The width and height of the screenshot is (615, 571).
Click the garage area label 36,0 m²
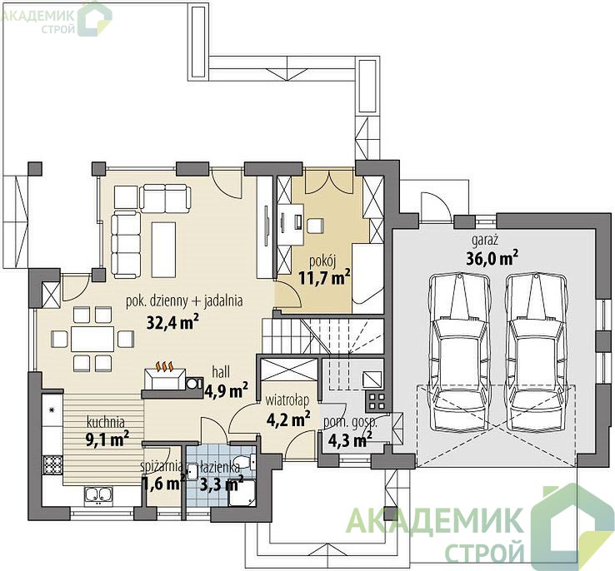tap(492, 258)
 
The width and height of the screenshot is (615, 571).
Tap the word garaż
tap(485, 240)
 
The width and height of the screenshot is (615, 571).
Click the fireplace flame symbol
tap(165, 366)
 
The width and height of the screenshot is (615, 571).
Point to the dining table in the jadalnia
tap(92, 339)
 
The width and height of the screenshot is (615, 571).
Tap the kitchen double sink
tap(97, 494)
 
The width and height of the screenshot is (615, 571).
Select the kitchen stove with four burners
tap(52, 466)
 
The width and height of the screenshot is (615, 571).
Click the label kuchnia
tap(106, 422)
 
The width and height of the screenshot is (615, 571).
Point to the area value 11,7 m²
tap(324, 278)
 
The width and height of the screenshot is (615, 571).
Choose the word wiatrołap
tap(287, 400)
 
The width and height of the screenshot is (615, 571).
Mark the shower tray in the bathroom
tap(242, 492)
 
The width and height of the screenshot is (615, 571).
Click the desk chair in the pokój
tap(315, 226)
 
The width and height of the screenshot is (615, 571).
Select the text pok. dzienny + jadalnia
tap(184, 300)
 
